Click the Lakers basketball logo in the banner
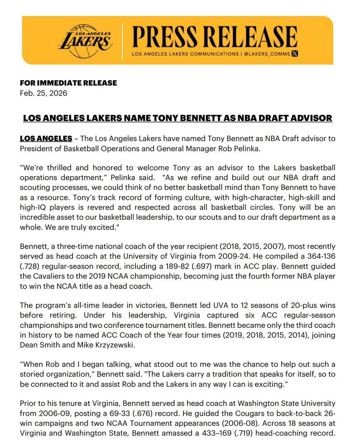tap(85, 41)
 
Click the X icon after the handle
tap(295, 54)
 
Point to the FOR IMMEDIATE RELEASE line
tap(68, 83)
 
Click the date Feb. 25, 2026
tap(44, 93)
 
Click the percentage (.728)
tap(31, 266)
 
